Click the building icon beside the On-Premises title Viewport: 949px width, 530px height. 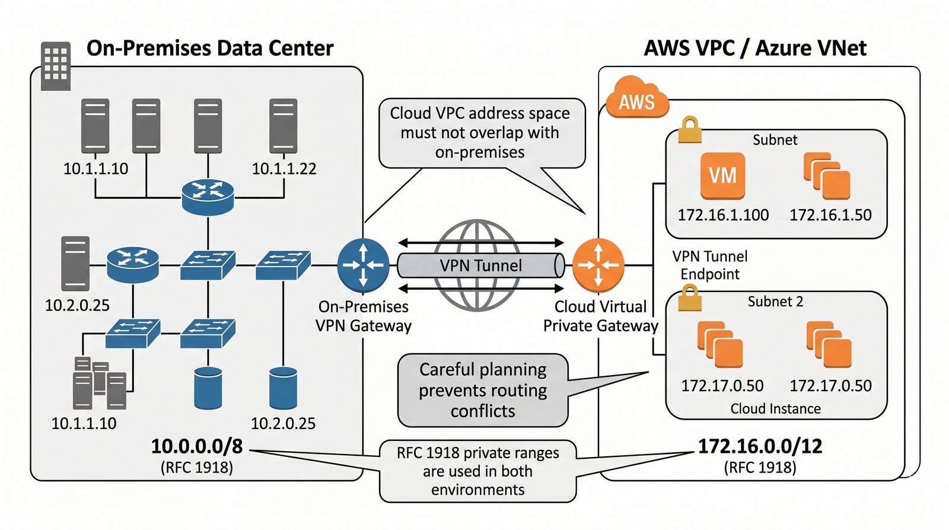click(56, 66)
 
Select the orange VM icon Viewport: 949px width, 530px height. click(722, 176)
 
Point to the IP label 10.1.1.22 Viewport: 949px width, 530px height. click(284, 169)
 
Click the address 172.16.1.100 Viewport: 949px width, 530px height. click(723, 215)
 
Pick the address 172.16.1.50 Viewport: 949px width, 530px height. click(830, 215)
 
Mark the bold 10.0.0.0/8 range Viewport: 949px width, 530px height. click(197, 446)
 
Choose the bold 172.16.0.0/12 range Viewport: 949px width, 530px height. click(760, 446)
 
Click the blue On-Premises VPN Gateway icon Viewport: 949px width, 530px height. click(363, 265)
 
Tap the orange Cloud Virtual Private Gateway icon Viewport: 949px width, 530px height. click(598, 265)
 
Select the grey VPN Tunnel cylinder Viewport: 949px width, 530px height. click(480, 265)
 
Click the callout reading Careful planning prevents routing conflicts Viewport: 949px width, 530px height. click(483, 390)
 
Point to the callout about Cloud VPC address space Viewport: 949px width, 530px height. click(480, 133)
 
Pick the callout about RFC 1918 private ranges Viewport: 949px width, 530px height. click(478, 471)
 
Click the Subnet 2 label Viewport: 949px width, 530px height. click(775, 302)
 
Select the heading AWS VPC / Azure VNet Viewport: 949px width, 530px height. click(755, 48)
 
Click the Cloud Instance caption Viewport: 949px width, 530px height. click(775, 409)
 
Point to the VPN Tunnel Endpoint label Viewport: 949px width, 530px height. click(710, 265)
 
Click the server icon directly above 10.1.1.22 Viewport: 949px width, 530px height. click(283, 126)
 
